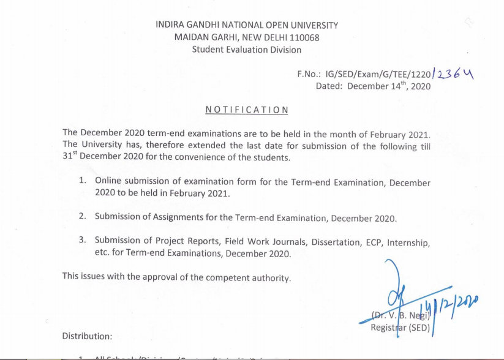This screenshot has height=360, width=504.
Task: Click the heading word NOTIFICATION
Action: tap(247, 110)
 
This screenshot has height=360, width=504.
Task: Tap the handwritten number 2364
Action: tap(454, 74)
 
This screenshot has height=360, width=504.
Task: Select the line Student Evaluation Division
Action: tap(246, 50)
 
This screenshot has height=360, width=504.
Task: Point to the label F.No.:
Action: tap(309, 74)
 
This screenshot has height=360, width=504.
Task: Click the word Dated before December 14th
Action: tap(329, 86)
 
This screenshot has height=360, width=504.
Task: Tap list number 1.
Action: tap(82, 181)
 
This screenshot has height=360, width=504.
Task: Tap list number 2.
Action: tap(82, 217)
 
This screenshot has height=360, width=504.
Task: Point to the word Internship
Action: tap(408, 242)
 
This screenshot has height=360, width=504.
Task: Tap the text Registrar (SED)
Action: tap(401, 328)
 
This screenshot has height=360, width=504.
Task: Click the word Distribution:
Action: tap(88, 336)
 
